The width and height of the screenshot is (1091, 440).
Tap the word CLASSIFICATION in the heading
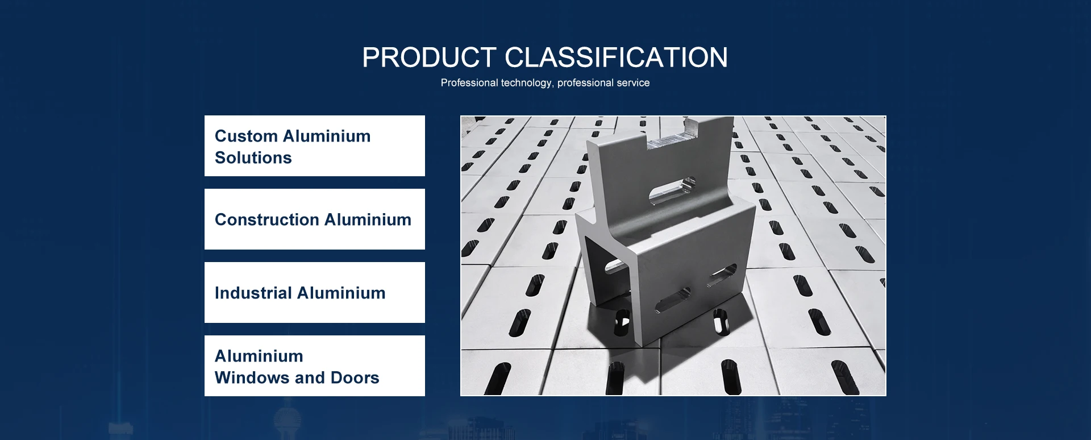click(x=616, y=57)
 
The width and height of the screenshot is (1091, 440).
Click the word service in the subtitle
click(x=633, y=83)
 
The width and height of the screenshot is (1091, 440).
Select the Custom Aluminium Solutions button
click(x=314, y=146)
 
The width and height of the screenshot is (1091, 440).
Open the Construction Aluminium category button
click(x=314, y=219)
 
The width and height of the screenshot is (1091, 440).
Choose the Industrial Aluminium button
click(x=314, y=293)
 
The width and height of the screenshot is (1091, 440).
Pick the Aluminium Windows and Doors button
click(x=314, y=366)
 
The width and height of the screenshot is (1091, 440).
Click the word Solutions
click(x=253, y=158)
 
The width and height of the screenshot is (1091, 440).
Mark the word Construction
click(x=266, y=220)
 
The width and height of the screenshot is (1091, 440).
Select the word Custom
click(x=246, y=136)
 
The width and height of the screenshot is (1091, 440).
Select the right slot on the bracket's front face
click(x=722, y=275)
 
